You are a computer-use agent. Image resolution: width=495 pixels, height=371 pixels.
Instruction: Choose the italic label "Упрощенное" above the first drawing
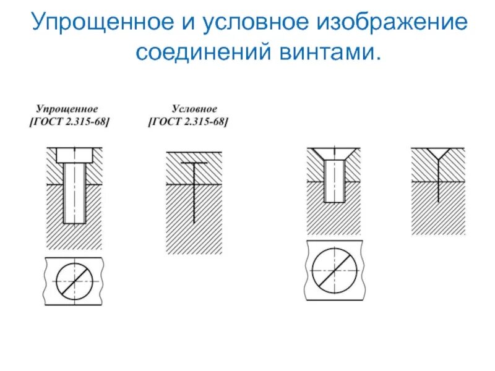coord(66,109)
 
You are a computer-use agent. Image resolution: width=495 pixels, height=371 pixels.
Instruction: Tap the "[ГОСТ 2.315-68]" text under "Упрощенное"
coord(69,122)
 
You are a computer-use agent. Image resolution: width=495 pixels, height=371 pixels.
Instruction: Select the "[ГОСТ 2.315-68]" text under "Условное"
coord(188,122)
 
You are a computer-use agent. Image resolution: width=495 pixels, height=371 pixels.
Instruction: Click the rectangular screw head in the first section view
coord(74,155)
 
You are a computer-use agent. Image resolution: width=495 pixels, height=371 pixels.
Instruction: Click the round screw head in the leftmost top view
coord(74,280)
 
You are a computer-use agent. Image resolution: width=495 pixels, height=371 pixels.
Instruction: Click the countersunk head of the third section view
coord(334,153)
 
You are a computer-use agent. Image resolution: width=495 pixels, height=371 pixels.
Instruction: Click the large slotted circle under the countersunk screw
coord(334,270)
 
